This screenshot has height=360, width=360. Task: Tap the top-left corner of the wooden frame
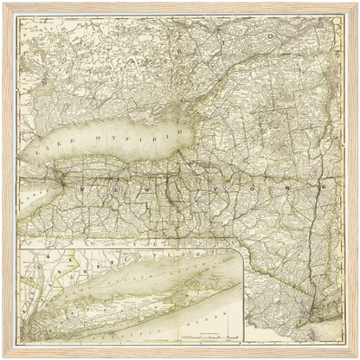coord(3,3)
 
